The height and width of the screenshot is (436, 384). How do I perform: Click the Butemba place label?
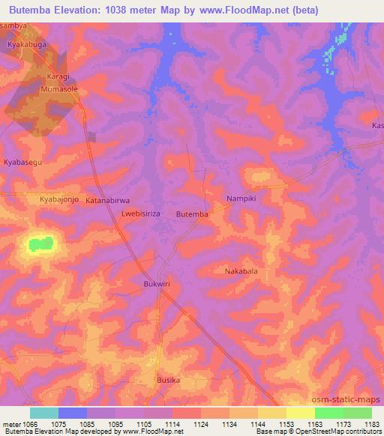coord(192,214)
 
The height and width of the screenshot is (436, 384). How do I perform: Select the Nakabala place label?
coord(241,271)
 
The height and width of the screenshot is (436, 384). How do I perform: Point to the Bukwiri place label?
coord(157,284)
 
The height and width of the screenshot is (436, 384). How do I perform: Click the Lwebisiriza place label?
coord(140,214)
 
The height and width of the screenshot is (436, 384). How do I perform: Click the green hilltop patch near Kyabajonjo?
coord(42,243)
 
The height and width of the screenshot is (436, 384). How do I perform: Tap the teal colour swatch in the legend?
coord(43,413)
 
